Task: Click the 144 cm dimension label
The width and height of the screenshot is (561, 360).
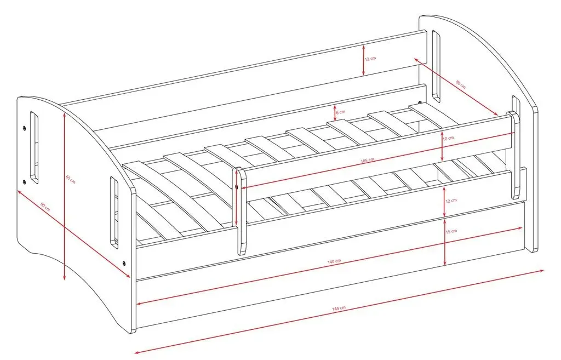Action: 339,308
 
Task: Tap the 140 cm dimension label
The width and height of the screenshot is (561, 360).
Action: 334,261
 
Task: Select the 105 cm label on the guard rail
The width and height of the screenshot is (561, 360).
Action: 367,161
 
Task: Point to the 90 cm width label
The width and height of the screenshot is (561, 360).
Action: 45,207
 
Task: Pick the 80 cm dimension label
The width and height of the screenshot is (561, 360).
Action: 461,84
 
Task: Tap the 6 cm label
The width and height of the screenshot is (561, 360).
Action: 341,112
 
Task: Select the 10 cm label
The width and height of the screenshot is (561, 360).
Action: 448,138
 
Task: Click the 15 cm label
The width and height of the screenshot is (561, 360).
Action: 451,231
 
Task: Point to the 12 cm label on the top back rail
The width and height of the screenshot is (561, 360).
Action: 371,58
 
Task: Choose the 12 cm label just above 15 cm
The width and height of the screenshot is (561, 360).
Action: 451,201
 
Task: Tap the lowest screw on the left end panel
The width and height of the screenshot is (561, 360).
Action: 124,264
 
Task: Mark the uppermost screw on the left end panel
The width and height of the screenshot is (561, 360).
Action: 24,128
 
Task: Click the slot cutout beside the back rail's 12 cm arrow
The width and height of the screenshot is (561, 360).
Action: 436,66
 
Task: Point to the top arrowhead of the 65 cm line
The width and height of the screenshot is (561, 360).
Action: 64,115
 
